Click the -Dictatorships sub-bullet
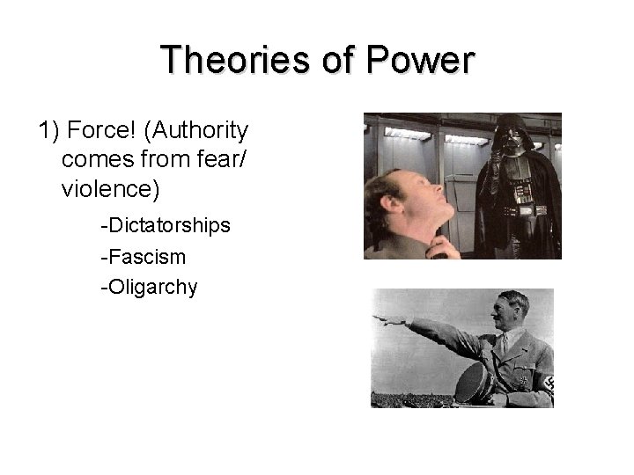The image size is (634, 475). coord(166,226)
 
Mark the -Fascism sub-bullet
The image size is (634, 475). coord(143,257)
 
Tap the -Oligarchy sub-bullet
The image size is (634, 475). coord(149,287)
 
